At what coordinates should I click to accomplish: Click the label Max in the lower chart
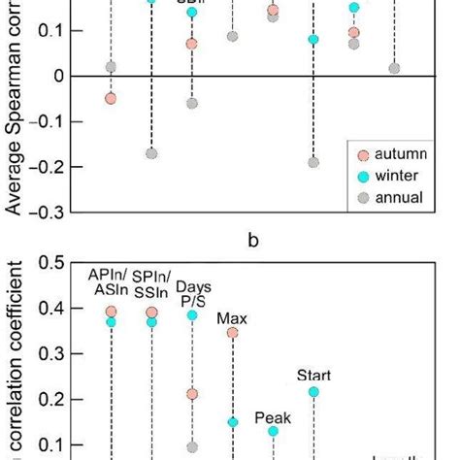[x=231, y=317]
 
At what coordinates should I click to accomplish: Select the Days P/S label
[x=193, y=294]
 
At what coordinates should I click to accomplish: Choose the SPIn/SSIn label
[x=151, y=281]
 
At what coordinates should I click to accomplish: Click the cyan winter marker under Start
[x=313, y=391]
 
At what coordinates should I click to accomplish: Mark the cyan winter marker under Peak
[x=274, y=431]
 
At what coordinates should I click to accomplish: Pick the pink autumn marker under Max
[x=233, y=333]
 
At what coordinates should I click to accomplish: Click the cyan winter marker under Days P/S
[x=192, y=315]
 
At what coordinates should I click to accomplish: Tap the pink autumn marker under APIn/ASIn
[x=111, y=312]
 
